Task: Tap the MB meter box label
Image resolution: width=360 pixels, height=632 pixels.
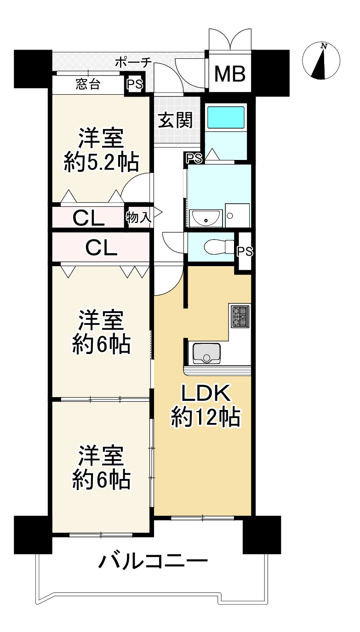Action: (x=230, y=74)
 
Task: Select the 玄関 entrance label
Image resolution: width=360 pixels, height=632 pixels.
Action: (x=175, y=120)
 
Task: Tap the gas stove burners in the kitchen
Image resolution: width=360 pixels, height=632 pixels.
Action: (x=240, y=317)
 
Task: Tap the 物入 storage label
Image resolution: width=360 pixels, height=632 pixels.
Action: (x=138, y=217)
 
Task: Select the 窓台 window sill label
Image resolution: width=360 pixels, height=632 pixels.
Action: (x=88, y=84)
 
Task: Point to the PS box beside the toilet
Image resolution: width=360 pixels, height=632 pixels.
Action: (x=244, y=251)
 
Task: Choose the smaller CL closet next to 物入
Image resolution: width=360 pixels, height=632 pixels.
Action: (x=88, y=218)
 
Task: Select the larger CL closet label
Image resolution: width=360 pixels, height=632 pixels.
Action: (x=101, y=248)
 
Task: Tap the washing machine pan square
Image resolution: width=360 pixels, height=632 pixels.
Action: (x=238, y=215)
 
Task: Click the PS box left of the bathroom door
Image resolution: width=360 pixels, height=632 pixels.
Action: (x=194, y=158)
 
